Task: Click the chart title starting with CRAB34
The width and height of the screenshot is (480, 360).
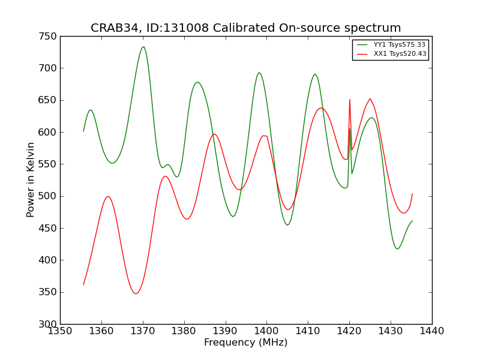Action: pos(245,28)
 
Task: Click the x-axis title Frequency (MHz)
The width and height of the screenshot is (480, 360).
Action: pos(245,343)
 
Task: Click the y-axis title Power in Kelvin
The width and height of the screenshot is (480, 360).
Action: pos(31,179)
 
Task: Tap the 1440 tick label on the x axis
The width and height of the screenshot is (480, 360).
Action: pos(431,331)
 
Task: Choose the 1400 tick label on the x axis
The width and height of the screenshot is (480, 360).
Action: pos(266,331)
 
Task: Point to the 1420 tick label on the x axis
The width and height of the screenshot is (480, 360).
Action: pos(349,331)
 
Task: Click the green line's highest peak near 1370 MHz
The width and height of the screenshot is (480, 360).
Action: pos(143,47)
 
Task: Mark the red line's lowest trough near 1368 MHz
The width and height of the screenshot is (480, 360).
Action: pos(136,293)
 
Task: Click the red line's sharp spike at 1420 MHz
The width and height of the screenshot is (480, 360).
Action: pos(350,100)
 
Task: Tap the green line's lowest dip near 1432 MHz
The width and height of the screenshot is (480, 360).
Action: pos(397,248)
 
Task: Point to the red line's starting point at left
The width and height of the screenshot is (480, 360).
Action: pos(83,284)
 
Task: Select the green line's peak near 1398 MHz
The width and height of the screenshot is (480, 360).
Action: pos(259,73)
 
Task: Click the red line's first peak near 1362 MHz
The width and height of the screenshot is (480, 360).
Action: pos(108,196)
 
